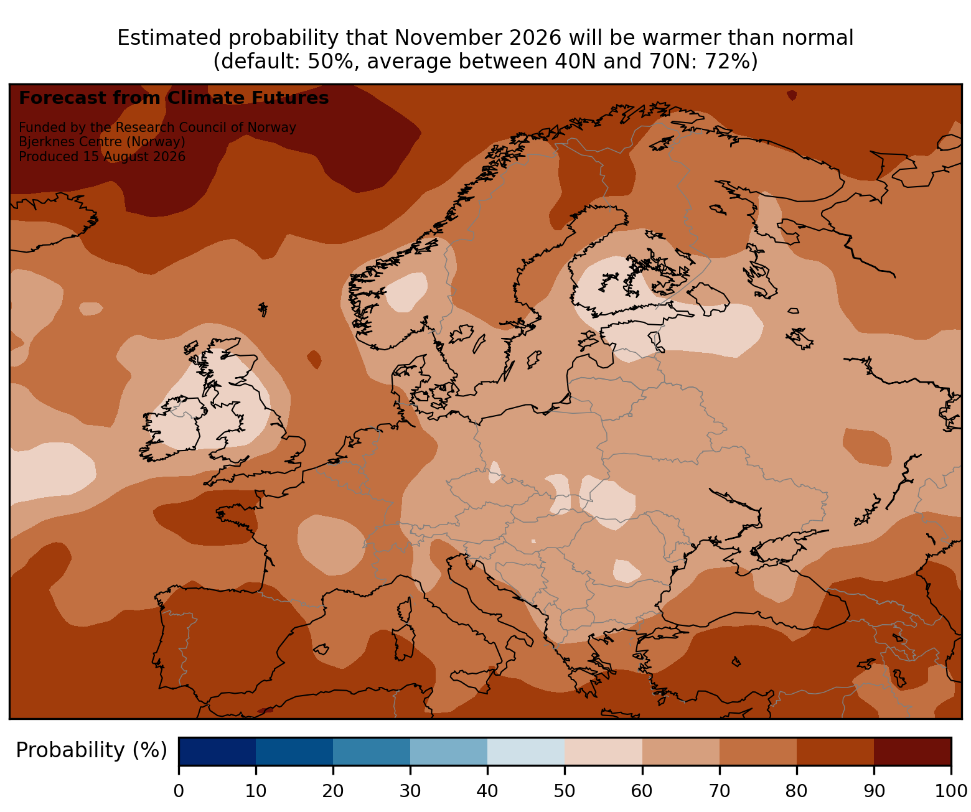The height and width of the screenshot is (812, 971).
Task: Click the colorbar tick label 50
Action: point(564,791)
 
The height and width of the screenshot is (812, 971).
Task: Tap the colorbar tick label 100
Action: point(950,791)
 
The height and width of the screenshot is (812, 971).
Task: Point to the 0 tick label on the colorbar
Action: point(179,791)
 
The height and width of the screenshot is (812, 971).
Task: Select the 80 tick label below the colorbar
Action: point(796,791)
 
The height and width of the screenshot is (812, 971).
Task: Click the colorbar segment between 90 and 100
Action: point(912,751)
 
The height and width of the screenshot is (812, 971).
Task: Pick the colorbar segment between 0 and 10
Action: point(217,751)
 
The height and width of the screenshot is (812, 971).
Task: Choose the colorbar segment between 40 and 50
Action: point(526,751)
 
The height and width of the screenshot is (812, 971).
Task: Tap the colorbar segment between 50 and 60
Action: point(603,751)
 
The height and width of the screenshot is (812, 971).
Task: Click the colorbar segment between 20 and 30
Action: point(372,751)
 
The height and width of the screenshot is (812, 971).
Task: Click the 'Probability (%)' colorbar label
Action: point(91,750)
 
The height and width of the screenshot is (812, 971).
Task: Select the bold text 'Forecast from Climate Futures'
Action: point(174,98)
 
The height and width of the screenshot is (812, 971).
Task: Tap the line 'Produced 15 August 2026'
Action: point(102,157)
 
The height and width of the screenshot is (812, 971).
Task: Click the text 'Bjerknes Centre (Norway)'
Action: point(102,142)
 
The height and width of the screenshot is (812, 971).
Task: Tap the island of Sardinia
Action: point(404,642)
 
